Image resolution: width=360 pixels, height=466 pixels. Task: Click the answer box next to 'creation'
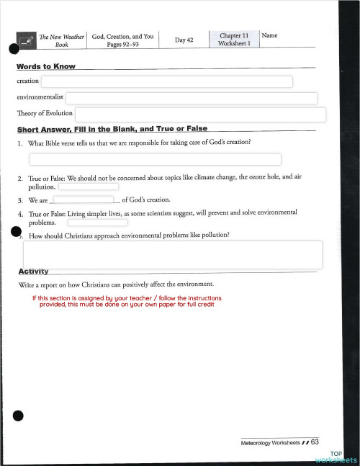pos(166,81)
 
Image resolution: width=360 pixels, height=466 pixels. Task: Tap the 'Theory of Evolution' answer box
pos(201,115)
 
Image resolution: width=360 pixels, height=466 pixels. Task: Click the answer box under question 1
pos(155,159)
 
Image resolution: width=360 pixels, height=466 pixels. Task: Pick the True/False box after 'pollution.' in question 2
pos(89,187)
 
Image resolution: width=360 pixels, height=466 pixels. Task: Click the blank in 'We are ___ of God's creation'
pos(84,200)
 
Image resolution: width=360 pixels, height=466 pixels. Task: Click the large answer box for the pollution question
pos(173,254)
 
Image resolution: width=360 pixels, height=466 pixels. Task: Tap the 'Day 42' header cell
pos(184,40)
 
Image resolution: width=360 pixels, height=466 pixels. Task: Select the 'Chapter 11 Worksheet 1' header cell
pos(234,39)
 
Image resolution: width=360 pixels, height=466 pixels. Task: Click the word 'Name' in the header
pos(270,35)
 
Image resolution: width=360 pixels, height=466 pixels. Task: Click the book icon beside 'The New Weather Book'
pos(26,41)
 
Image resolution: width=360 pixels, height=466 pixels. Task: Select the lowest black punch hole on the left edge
pos(19,416)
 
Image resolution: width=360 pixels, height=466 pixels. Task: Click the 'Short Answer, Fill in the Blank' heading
pos(112,129)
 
